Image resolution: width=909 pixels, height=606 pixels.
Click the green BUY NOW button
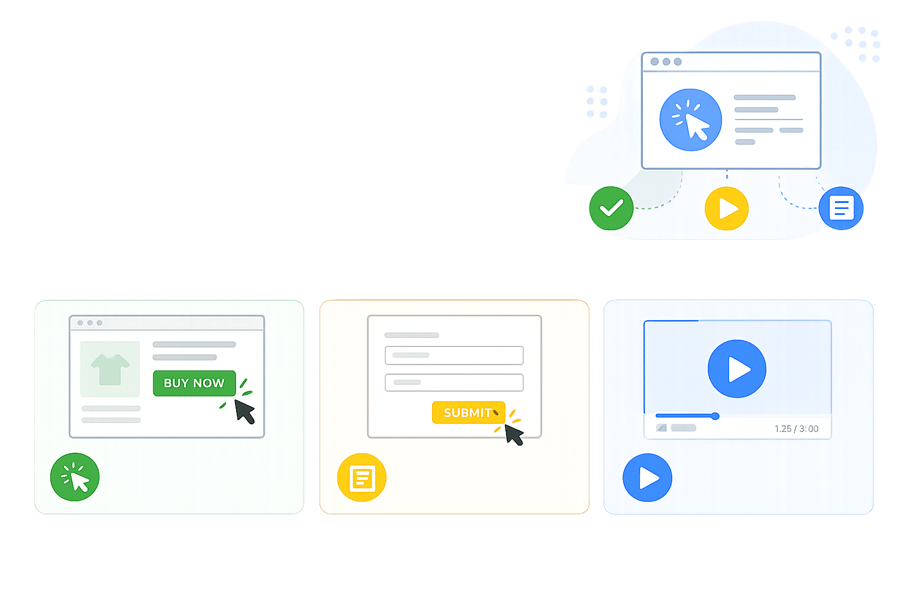click(x=194, y=383)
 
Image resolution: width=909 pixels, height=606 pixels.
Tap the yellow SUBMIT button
click(x=468, y=412)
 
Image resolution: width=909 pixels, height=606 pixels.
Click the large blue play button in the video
click(x=737, y=369)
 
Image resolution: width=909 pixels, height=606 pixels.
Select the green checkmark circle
click(x=611, y=208)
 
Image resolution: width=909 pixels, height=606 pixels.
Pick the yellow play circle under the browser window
click(x=727, y=208)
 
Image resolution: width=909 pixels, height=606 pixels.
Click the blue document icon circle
click(x=841, y=208)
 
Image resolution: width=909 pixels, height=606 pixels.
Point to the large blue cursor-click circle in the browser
click(x=691, y=120)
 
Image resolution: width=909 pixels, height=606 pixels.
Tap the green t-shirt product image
click(x=110, y=369)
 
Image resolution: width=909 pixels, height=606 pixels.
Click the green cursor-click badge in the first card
click(x=75, y=477)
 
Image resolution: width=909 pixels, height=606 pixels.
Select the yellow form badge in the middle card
click(x=362, y=478)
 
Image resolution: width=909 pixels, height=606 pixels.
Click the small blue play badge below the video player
click(x=647, y=478)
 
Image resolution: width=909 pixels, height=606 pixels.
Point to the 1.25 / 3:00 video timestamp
click(x=796, y=428)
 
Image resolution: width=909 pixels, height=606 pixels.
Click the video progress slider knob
click(x=715, y=416)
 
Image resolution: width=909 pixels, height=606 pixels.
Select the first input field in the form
click(x=454, y=355)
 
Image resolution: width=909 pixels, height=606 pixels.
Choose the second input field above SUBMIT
click(x=454, y=382)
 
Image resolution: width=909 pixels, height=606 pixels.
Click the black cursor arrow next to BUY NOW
click(x=244, y=410)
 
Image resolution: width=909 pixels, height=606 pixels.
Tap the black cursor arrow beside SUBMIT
click(x=513, y=434)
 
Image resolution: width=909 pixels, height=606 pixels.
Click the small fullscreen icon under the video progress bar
click(x=662, y=428)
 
